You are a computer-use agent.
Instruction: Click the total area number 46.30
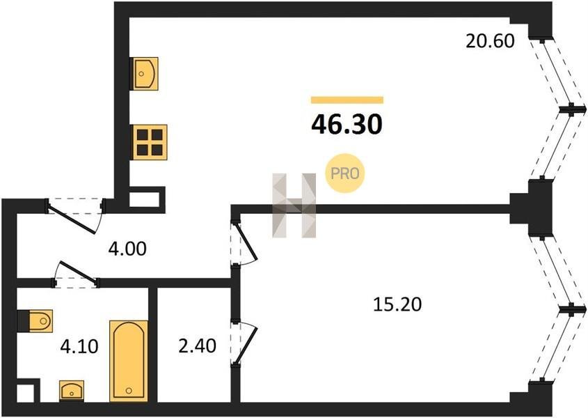(347, 124)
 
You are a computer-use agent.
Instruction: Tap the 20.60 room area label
(490, 41)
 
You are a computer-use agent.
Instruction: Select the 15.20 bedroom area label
(397, 304)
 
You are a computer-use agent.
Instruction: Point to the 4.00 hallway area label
(127, 249)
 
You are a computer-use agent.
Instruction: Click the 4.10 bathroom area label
(79, 346)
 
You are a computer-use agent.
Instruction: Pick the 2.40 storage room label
(197, 346)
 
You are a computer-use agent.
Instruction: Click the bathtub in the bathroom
(129, 361)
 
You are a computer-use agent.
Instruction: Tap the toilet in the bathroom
(35, 321)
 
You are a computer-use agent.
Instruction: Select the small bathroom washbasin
(72, 391)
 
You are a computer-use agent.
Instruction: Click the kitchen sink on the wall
(143, 74)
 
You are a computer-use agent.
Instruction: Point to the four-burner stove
(150, 142)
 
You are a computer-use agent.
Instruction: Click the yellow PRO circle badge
(344, 173)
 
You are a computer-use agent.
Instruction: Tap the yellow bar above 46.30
(347, 100)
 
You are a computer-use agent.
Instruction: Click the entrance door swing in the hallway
(75, 216)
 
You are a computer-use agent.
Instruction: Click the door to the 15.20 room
(244, 244)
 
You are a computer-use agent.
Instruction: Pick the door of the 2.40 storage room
(244, 342)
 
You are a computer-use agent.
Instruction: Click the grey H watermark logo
(294, 206)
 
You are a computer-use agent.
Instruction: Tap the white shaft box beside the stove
(147, 199)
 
